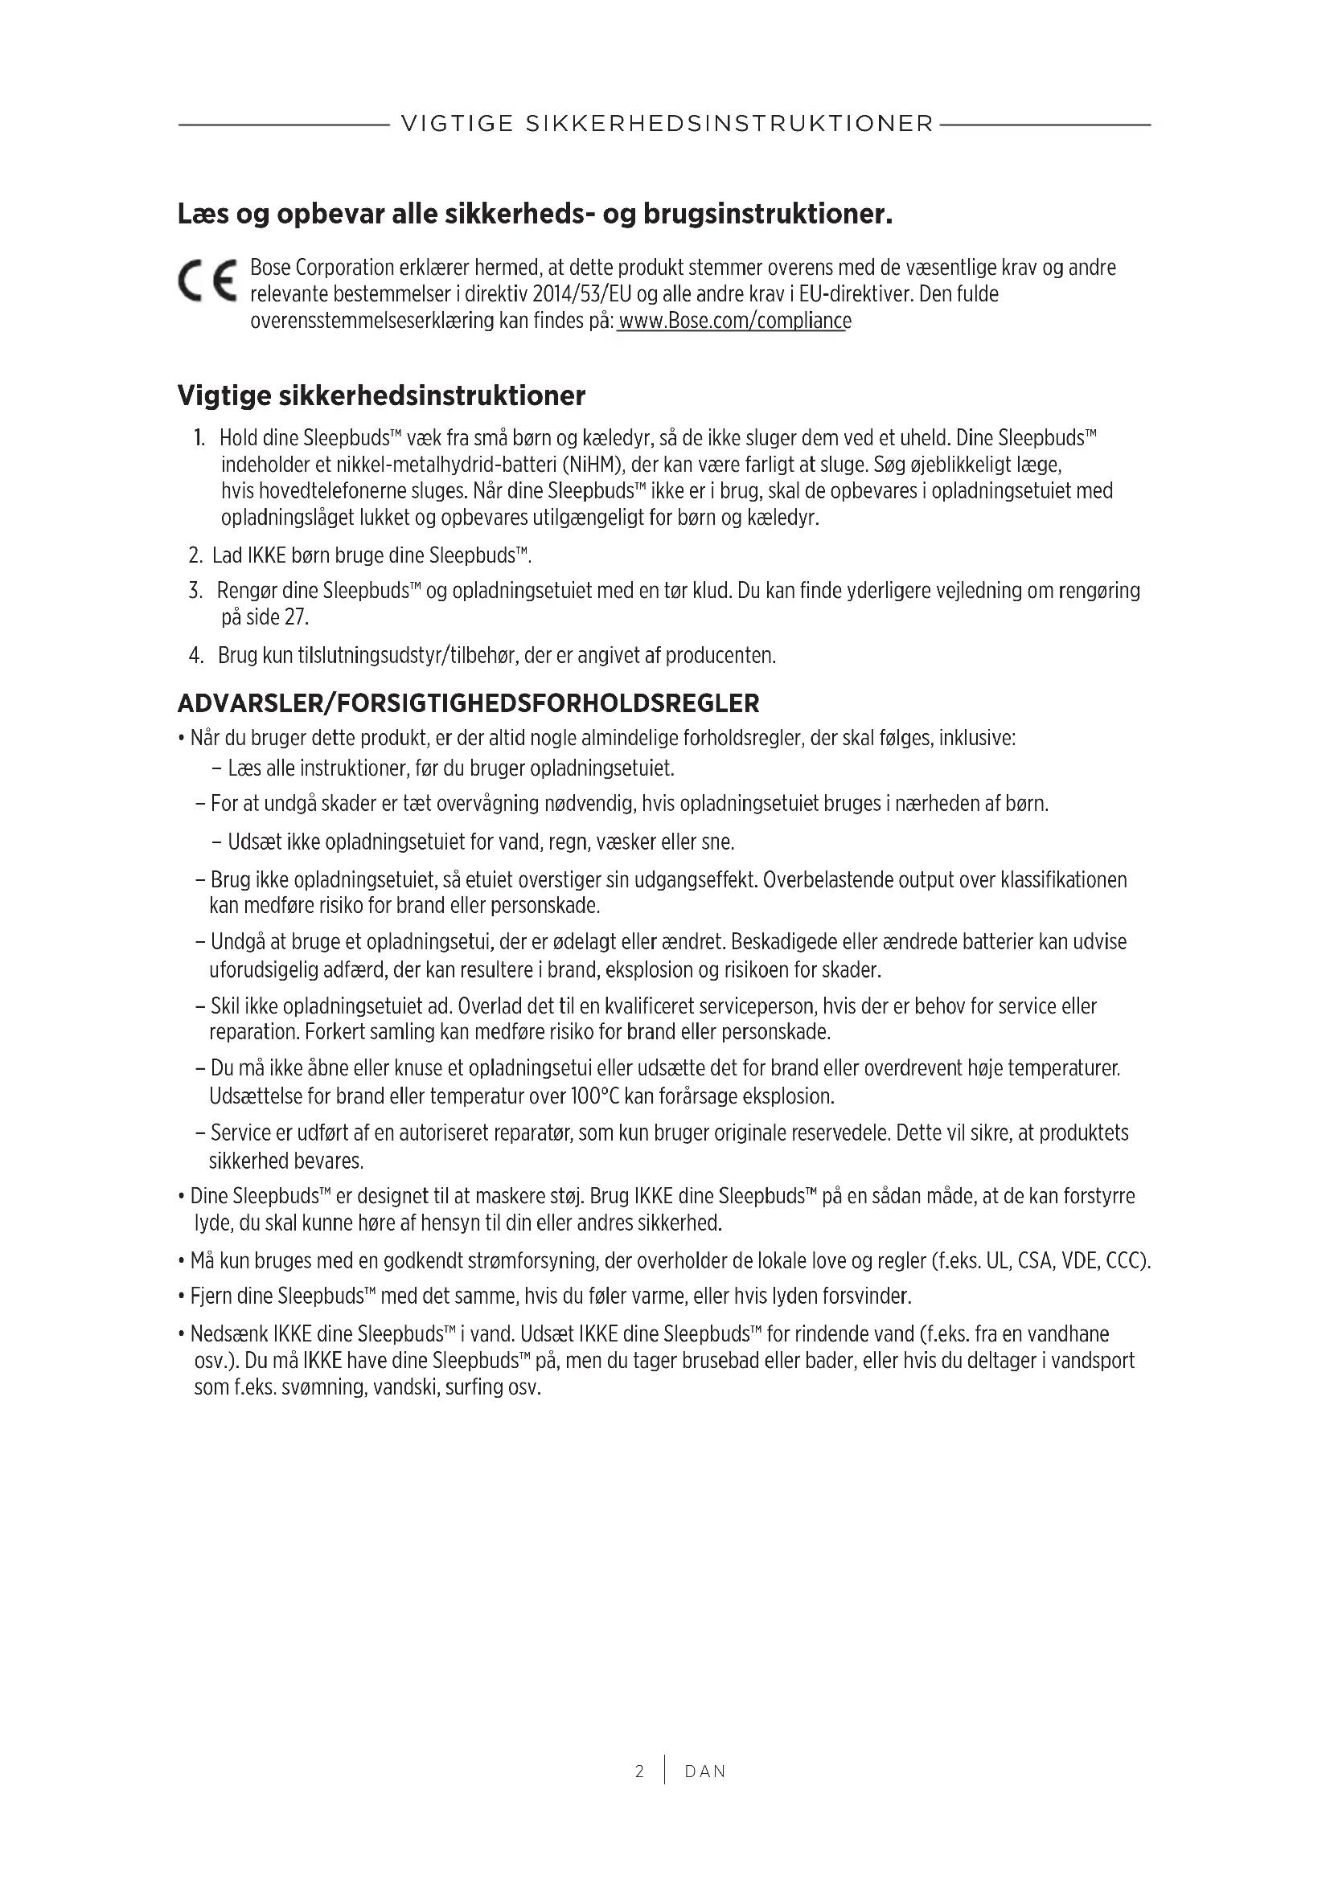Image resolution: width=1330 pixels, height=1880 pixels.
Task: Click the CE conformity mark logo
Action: click(x=207, y=281)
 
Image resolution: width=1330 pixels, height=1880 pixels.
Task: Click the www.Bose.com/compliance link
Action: click(x=735, y=321)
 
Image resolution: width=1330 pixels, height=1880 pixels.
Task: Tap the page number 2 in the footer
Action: click(x=639, y=1771)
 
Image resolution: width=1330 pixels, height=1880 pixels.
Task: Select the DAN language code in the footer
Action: click(x=705, y=1771)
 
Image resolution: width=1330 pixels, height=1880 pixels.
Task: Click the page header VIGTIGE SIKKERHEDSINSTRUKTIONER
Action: click(x=667, y=124)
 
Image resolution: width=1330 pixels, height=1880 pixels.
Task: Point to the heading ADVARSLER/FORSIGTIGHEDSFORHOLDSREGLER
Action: click(x=469, y=703)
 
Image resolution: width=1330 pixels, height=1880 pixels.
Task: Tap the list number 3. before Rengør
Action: click(x=195, y=591)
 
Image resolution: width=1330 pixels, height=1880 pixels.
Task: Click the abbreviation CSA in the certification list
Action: click(x=1034, y=1260)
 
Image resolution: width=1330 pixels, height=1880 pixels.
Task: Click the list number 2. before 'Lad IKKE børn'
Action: click(x=195, y=555)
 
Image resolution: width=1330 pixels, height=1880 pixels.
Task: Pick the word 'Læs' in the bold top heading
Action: click(x=203, y=215)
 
